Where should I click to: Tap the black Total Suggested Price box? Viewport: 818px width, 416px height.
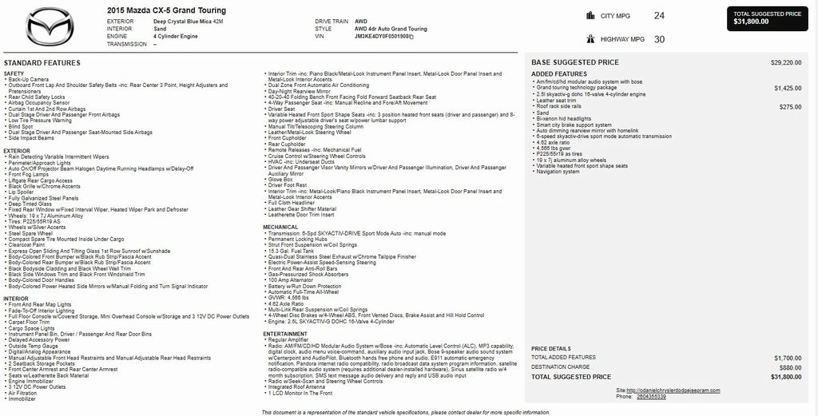click(767, 18)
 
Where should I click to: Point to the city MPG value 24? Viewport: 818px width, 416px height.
click(659, 15)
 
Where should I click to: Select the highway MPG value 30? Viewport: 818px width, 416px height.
click(659, 38)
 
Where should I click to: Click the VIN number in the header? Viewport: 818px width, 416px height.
click(383, 37)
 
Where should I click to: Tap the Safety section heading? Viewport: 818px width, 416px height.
click(14, 73)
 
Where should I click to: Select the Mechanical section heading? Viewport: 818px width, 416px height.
click(280, 227)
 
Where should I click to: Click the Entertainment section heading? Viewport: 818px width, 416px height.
click(285, 334)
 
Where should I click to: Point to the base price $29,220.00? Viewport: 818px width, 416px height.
click(786, 62)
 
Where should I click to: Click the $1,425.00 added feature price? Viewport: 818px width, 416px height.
click(788, 88)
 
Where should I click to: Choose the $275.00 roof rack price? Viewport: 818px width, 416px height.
click(790, 106)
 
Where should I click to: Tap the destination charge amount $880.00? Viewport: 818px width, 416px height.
click(790, 367)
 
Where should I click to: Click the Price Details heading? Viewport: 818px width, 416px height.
click(551, 349)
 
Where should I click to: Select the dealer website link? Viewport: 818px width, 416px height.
click(680, 390)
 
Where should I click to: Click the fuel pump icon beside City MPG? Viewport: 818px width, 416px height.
click(590, 15)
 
